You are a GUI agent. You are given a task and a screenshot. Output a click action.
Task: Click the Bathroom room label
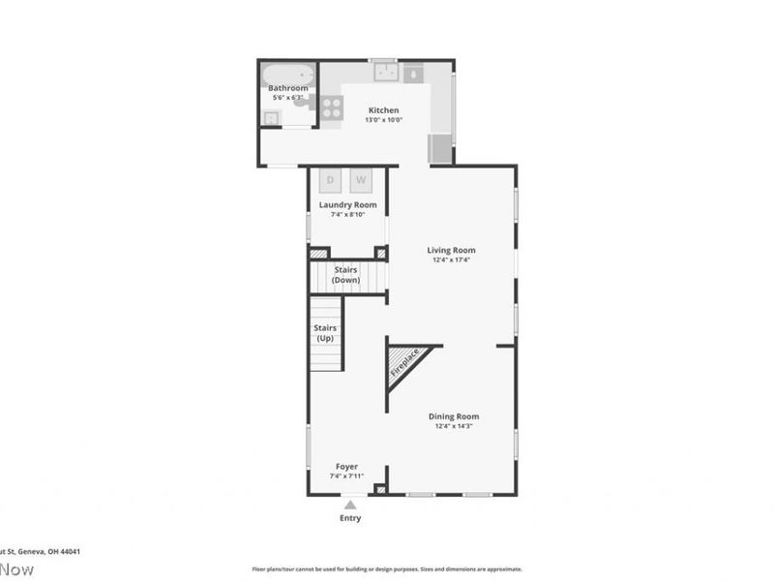coord(288,88)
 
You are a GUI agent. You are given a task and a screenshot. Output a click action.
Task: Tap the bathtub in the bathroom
coord(289,74)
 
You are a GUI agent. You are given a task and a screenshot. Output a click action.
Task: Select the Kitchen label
coord(383,110)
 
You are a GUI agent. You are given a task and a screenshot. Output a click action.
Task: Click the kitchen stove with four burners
coord(331,107)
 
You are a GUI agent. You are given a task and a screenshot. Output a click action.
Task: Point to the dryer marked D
coord(330,180)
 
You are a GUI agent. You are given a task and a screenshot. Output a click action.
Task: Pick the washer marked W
coord(361,180)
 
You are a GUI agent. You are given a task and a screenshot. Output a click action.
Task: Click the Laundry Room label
coord(348,204)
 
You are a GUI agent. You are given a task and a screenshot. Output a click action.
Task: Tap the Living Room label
coord(452,250)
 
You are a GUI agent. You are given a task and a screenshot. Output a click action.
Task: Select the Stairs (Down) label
coord(346,275)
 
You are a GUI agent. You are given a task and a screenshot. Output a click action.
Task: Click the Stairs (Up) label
coord(325,333)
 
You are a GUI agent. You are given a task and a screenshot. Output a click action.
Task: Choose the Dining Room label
coord(454,416)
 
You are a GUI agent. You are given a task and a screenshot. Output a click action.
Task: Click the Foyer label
coord(346,466)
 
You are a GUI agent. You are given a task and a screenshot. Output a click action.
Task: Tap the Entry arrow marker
coord(350,504)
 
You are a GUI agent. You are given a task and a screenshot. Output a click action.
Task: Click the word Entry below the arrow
coord(350,518)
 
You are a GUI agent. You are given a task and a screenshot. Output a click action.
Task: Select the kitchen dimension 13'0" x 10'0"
coord(383,120)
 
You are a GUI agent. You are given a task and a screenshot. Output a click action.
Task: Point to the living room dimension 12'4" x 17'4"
coord(452,260)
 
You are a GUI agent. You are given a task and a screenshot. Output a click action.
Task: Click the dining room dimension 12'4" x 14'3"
coord(454,426)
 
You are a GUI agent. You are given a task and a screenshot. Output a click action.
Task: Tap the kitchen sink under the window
coord(385,72)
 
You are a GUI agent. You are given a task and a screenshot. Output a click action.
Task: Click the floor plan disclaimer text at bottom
coord(387,569)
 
